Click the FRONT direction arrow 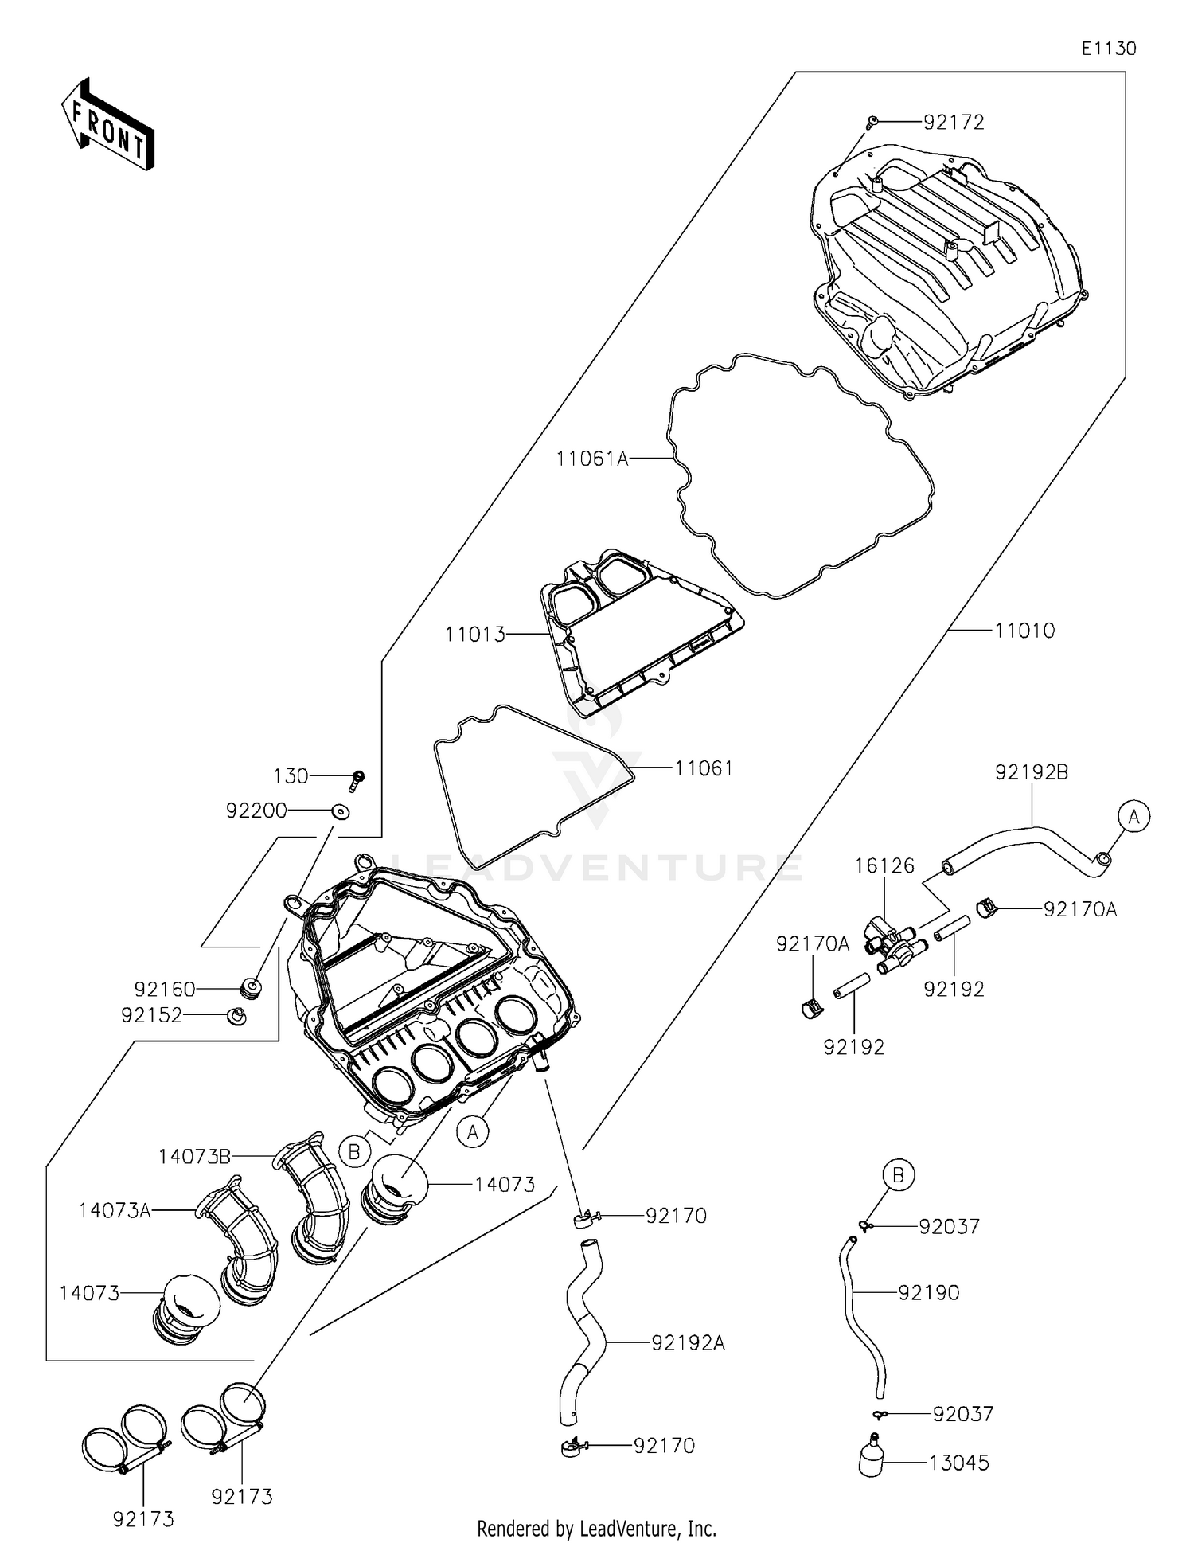click(108, 125)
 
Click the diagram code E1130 click(1108, 49)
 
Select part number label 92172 click(954, 123)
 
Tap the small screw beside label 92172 click(872, 122)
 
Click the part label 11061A click(591, 459)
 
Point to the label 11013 click(475, 635)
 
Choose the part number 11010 click(1024, 631)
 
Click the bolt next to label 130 click(357, 778)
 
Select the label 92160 click(165, 989)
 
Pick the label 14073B click(194, 1156)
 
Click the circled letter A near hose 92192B click(1134, 816)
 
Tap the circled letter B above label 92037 click(898, 1174)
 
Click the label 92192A click(688, 1342)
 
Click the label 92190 click(928, 1292)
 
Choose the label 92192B click(1031, 772)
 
